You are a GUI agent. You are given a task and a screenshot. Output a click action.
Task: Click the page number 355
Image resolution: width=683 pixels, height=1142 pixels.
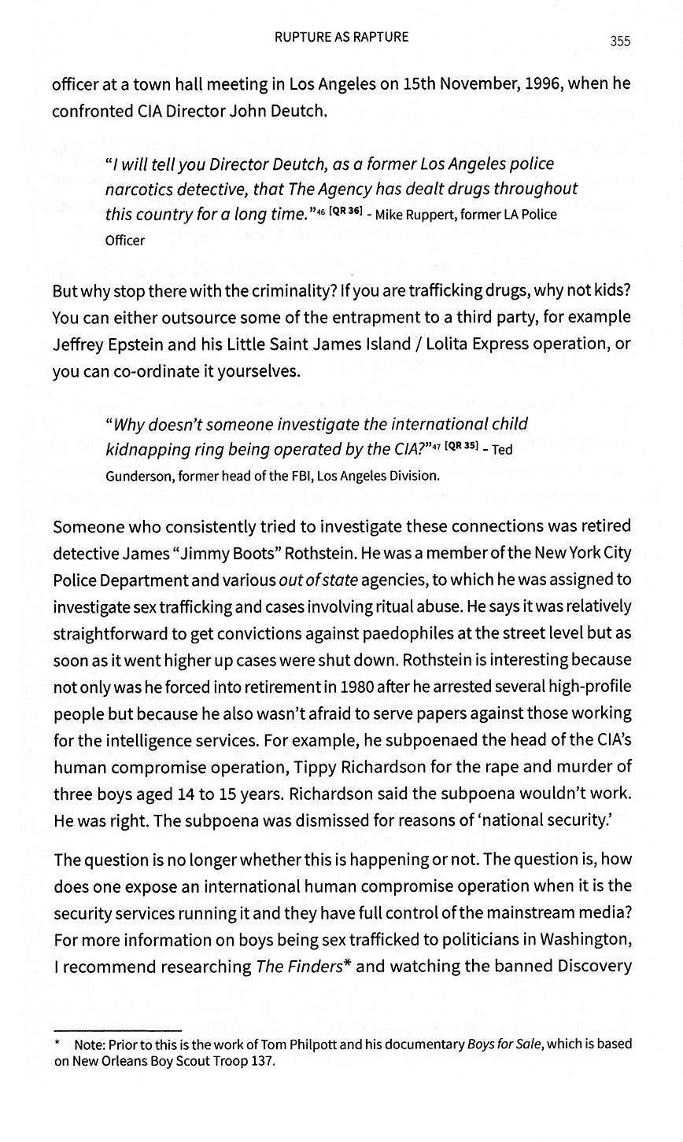pos(619,42)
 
